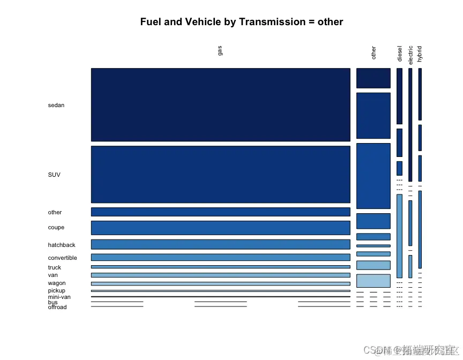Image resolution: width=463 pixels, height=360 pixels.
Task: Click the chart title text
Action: (x=241, y=22)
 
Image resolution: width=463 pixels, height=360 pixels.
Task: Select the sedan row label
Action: (x=56, y=105)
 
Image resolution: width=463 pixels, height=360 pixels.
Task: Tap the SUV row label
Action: (x=54, y=175)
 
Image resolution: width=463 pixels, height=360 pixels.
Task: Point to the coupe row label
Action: (x=56, y=228)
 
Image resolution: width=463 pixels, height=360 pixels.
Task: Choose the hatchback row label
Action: (x=62, y=245)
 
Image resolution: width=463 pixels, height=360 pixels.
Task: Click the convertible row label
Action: (x=62, y=258)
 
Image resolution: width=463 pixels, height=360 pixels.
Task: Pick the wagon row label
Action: (x=57, y=283)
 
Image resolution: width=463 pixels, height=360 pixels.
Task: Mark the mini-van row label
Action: (x=59, y=297)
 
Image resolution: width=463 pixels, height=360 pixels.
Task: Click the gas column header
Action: (x=220, y=50)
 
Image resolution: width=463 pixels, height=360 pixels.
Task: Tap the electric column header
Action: (x=410, y=55)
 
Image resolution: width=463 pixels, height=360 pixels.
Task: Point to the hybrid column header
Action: (x=420, y=54)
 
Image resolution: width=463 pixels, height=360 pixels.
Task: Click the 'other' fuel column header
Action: (x=374, y=52)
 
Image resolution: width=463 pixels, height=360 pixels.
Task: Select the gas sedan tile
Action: (x=220, y=104)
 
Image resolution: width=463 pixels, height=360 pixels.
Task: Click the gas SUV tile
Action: (x=220, y=174)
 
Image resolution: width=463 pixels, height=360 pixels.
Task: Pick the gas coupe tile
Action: (x=220, y=228)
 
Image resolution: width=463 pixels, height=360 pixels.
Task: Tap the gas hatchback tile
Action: (x=220, y=244)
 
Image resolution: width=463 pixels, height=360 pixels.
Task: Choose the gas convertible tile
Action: (x=220, y=257)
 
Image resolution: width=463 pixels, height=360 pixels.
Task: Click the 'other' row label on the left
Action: (x=55, y=212)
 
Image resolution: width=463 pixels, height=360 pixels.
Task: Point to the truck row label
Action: (x=54, y=267)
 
